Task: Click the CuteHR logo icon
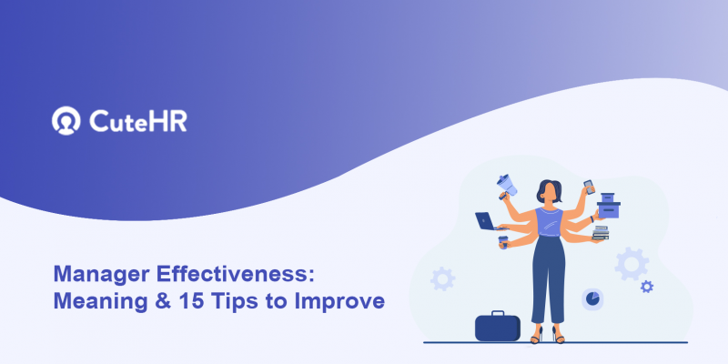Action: tap(66, 120)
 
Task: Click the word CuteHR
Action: tap(138, 120)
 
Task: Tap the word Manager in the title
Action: tap(95, 274)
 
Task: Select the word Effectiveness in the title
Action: tap(219, 274)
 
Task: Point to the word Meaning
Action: tap(96, 300)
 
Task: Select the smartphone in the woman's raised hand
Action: tap(587, 186)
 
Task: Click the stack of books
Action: tap(600, 235)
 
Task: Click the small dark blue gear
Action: tap(646, 286)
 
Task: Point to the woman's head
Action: tap(549, 191)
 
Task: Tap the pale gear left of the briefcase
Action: tap(442, 278)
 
